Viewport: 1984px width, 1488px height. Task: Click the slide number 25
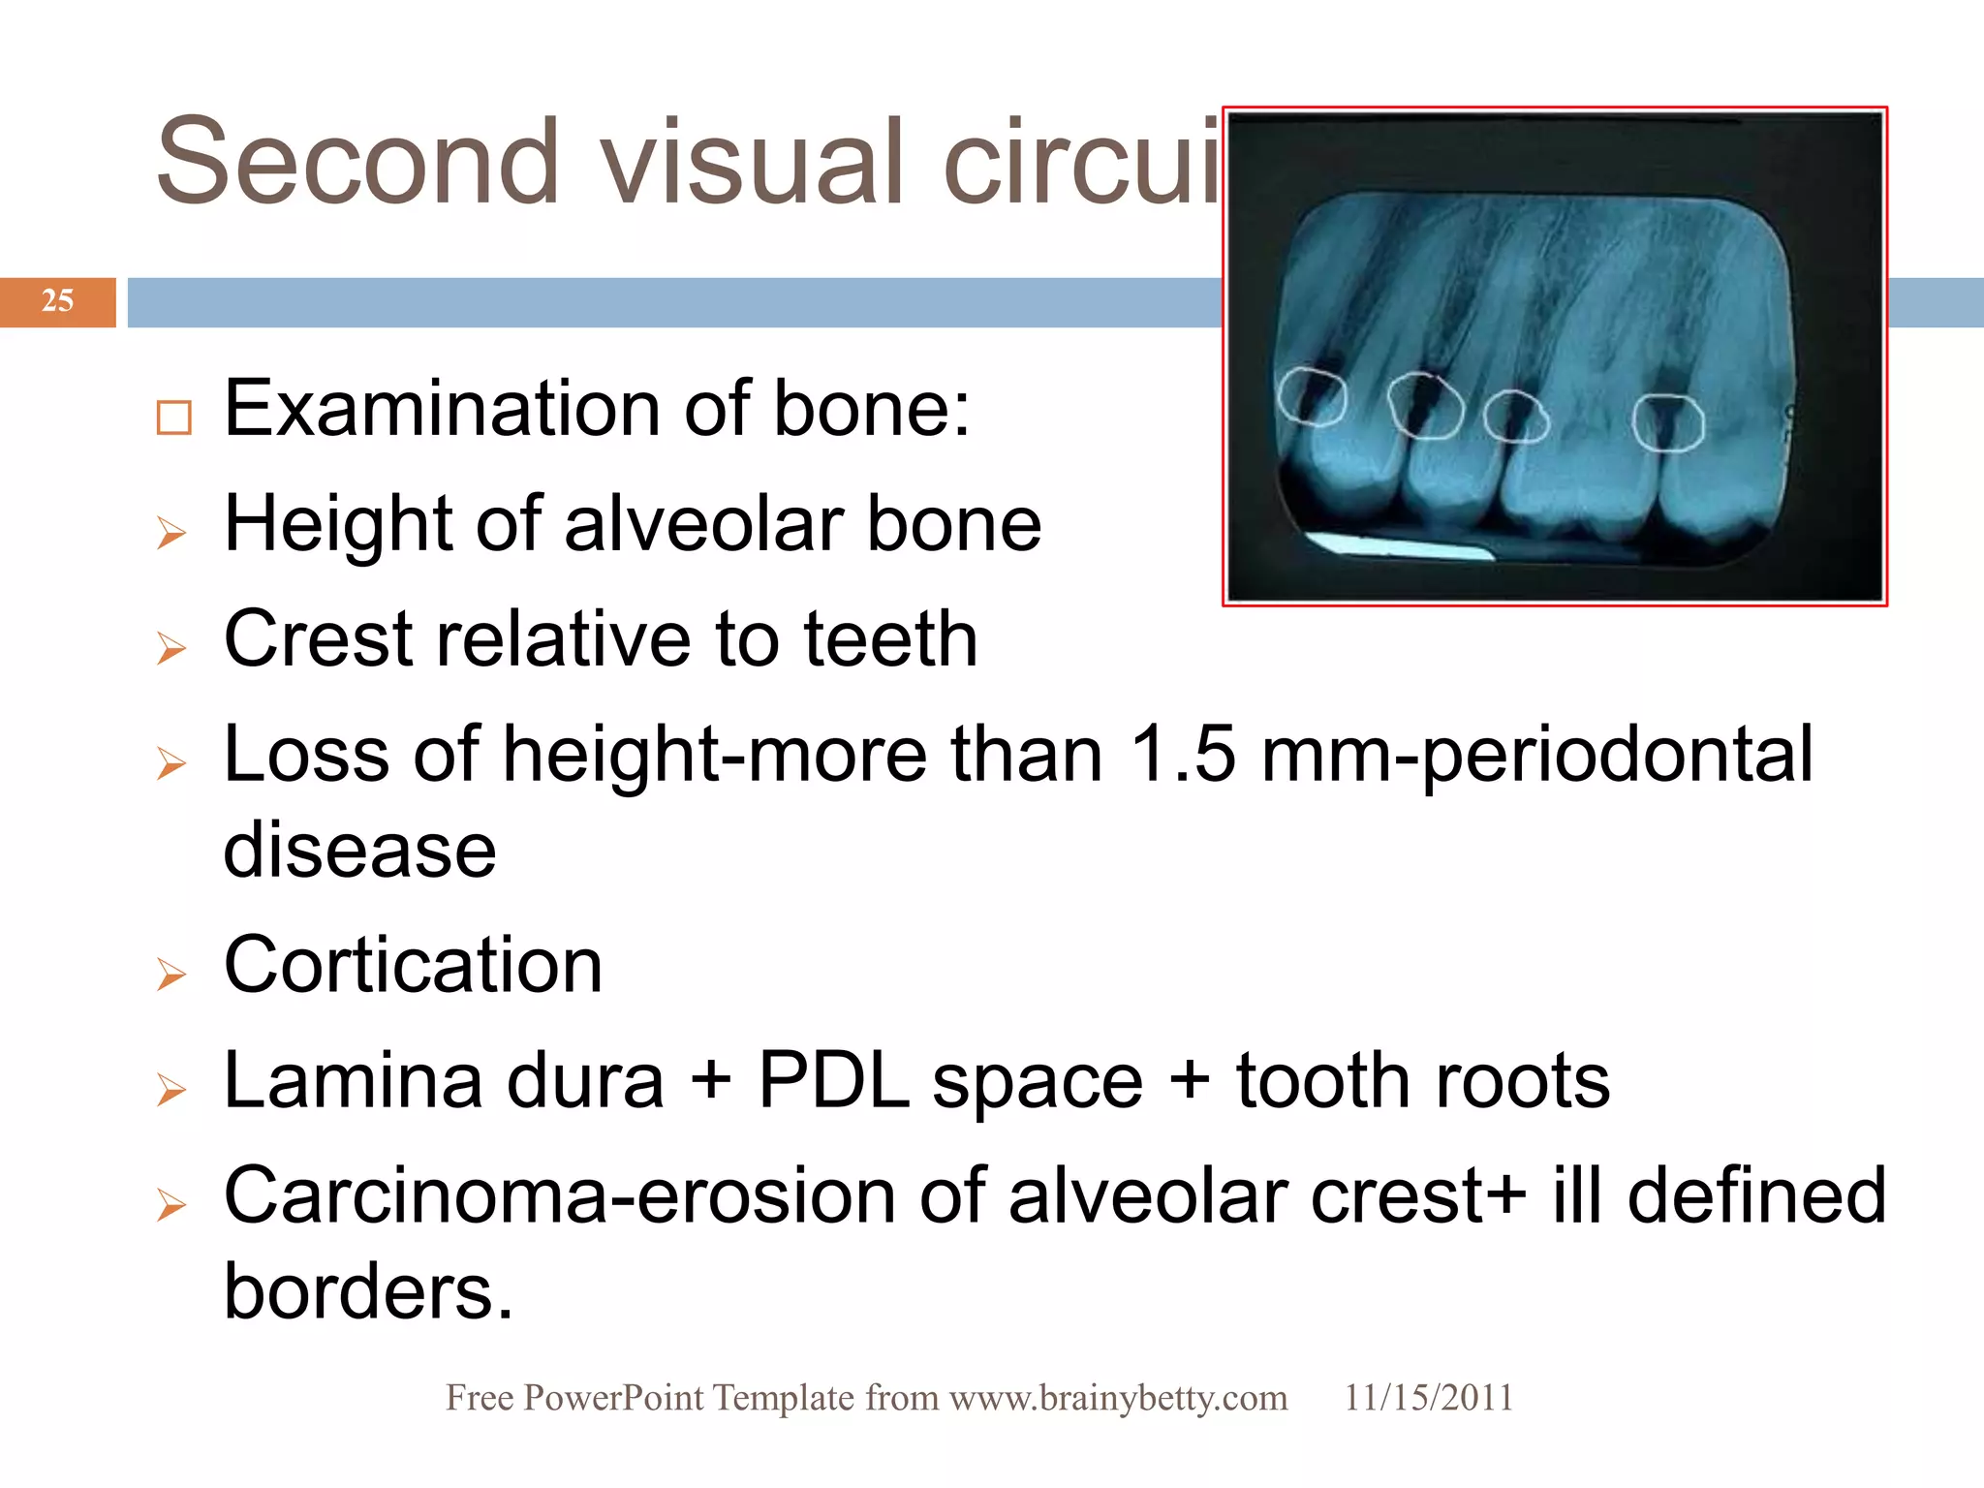click(x=57, y=301)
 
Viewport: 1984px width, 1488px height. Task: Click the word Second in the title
click(x=357, y=162)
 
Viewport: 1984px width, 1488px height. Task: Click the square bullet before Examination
click(x=173, y=418)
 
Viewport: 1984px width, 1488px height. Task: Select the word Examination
click(x=442, y=410)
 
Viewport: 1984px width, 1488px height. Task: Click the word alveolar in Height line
click(x=702, y=525)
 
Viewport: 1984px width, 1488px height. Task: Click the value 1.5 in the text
click(x=1183, y=755)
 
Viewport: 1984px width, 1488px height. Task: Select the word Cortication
click(x=413, y=966)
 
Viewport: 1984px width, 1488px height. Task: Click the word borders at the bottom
click(x=367, y=1292)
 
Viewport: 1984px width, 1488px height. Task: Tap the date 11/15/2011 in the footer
click(x=1428, y=1398)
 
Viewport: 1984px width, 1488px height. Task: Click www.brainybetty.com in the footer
click(x=1118, y=1398)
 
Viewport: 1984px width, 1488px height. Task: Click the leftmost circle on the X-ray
click(x=1311, y=396)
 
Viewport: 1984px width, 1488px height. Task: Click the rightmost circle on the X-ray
click(x=1667, y=422)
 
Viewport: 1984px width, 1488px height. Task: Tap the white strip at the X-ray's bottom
click(x=1400, y=547)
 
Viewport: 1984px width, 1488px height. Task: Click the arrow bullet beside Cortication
click(x=171, y=974)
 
